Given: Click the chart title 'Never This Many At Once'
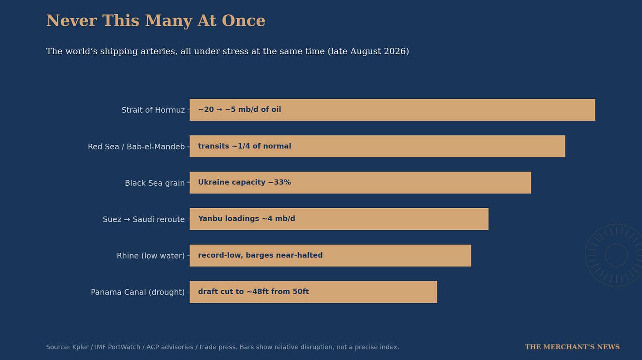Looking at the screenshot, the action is click(x=156, y=21).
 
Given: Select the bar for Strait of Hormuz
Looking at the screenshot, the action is click(x=392, y=110).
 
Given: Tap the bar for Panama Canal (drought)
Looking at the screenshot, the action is click(x=313, y=292).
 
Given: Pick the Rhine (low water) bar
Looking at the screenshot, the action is click(x=330, y=255).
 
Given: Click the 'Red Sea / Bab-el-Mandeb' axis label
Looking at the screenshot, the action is click(x=136, y=146).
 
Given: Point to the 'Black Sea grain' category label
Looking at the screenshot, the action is click(x=155, y=183).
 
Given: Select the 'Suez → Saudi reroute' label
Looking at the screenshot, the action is click(x=144, y=219).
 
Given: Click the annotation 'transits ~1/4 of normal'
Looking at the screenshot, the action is click(x=244, y=146).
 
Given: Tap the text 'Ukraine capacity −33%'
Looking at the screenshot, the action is click(x=244, y=183).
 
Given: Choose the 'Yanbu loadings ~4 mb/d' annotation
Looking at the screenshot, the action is click(x=246, y=218).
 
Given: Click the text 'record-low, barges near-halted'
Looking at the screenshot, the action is click(x=260, y=255).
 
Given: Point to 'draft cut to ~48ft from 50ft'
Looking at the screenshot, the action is click(x=254, y=292).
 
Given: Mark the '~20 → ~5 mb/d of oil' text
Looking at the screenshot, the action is click(x=239, y=109).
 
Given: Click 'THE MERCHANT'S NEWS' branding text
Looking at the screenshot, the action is click(x=572, y=347).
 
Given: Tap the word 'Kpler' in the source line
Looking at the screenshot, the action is click(x=80, y=347).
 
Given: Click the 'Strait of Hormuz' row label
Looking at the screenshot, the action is click(x=153, y=110).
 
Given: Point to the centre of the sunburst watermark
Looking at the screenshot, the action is click(x=616, y=255).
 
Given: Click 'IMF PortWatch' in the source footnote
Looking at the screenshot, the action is click(x=117, y=347).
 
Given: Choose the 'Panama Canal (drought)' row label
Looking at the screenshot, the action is click(x=138, y=292).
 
